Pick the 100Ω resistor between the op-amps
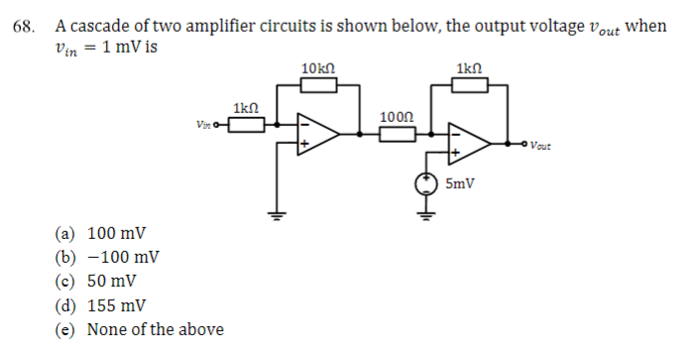[397, 133]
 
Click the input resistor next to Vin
[246, 125]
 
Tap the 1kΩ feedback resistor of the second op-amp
[469, 86]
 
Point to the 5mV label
[460, 184]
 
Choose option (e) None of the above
[139, 329]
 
